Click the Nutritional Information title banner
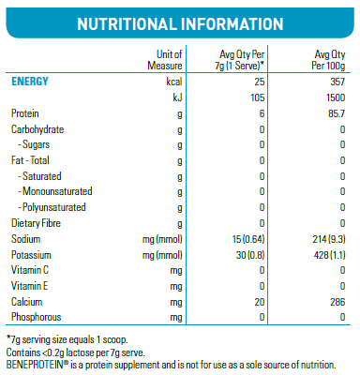pos(179,22)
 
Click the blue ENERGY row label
pos(30,82)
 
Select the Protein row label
pos(26,112)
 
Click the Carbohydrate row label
pos(37,128)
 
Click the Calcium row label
pos(27,302)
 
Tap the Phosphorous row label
pos(36,318)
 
